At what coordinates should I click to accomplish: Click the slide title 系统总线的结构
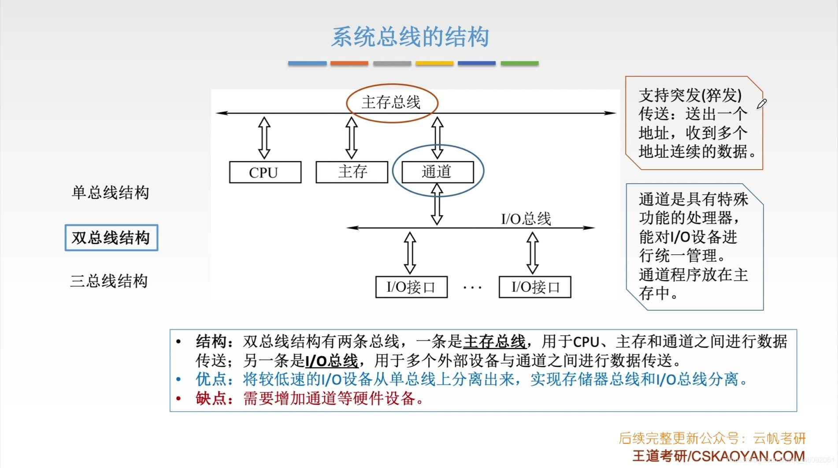[x=410, y=37]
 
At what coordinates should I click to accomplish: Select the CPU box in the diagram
[x=265, y=172]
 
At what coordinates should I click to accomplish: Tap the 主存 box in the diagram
[x=352, y=172]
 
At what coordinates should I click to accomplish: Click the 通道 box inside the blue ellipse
[x=437, y=171]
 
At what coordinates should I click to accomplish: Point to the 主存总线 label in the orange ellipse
[x=391, y=103]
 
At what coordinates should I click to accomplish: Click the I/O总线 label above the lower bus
[x=526, y=219]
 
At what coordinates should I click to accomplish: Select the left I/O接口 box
[x=411, y=287]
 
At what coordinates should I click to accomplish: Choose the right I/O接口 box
[x=535, y=287]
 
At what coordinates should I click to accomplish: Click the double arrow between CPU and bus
[x=264, y=137]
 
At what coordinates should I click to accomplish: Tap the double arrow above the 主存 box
[x=351, y=137]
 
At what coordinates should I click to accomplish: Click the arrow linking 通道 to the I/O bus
[x=437, y=204]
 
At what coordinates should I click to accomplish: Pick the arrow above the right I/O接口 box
[x=533, y=253]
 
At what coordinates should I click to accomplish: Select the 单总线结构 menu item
[x=110, y=193]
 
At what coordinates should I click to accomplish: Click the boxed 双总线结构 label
[x=111, y=238]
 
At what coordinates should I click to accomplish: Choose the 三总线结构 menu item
[x=109, y=281]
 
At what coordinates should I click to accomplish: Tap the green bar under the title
[x=519, y=63]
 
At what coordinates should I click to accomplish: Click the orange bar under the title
[x=349, y=63]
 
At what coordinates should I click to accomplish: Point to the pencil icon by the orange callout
[x=761, y=104]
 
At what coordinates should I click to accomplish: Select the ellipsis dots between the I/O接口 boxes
[x=472, y=288]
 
